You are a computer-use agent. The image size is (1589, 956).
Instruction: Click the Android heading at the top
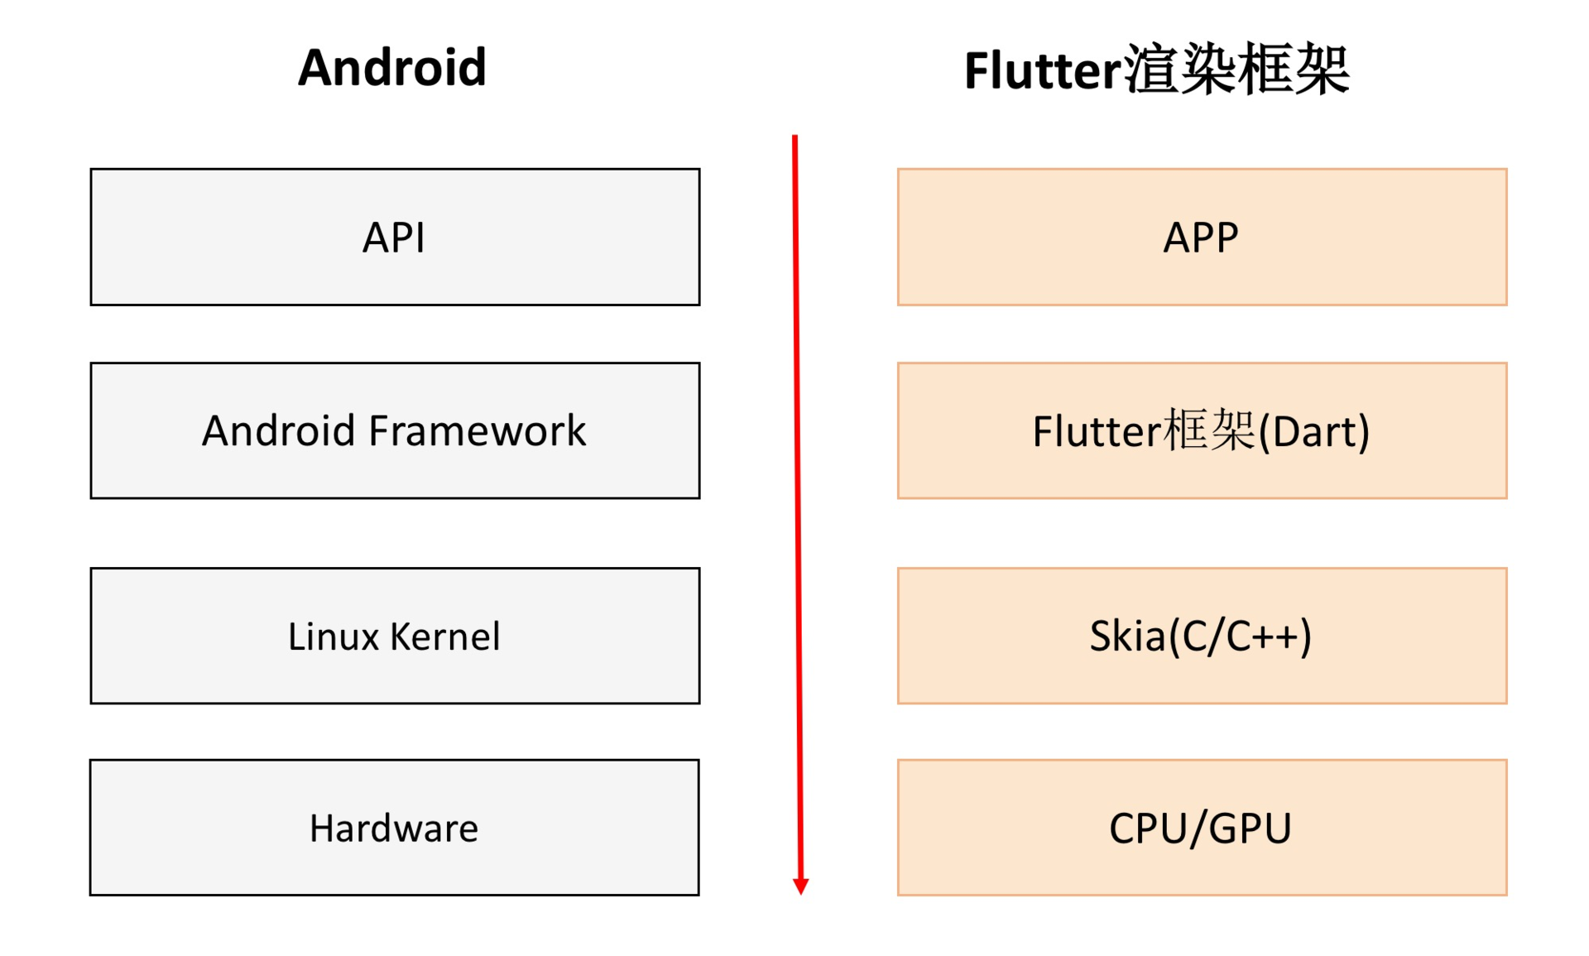(x=391, y=68)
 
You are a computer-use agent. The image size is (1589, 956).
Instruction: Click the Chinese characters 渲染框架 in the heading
(x=1236, y=70)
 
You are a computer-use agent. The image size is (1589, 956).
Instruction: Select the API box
(x=395, y=238)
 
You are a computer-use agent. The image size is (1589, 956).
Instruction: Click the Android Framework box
(x=395, y=430)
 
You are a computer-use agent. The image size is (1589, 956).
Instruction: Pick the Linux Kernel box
(x=395, y=636)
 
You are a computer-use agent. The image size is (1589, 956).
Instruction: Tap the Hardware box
(x=394, y=828)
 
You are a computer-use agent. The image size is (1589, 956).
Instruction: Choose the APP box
(x=1202, y=238)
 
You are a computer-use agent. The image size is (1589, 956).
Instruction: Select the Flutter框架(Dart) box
(x=1202, y=430)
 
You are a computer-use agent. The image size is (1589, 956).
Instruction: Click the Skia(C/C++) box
(x=1202, y=636)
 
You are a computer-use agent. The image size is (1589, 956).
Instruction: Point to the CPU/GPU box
(x=1202, y=828)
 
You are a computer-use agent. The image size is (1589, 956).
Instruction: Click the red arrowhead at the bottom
(x=800, y=886)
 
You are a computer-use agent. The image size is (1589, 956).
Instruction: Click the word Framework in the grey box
(x=477, y=431)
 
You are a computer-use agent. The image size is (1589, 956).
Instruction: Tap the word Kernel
(x=445, y=637)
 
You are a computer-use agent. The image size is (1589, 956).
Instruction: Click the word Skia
(x=1127, y=637)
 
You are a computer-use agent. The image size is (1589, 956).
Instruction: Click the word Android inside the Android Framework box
(x=278, y=431)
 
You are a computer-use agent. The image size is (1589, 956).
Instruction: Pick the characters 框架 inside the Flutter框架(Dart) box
(x=1209, y=430)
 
